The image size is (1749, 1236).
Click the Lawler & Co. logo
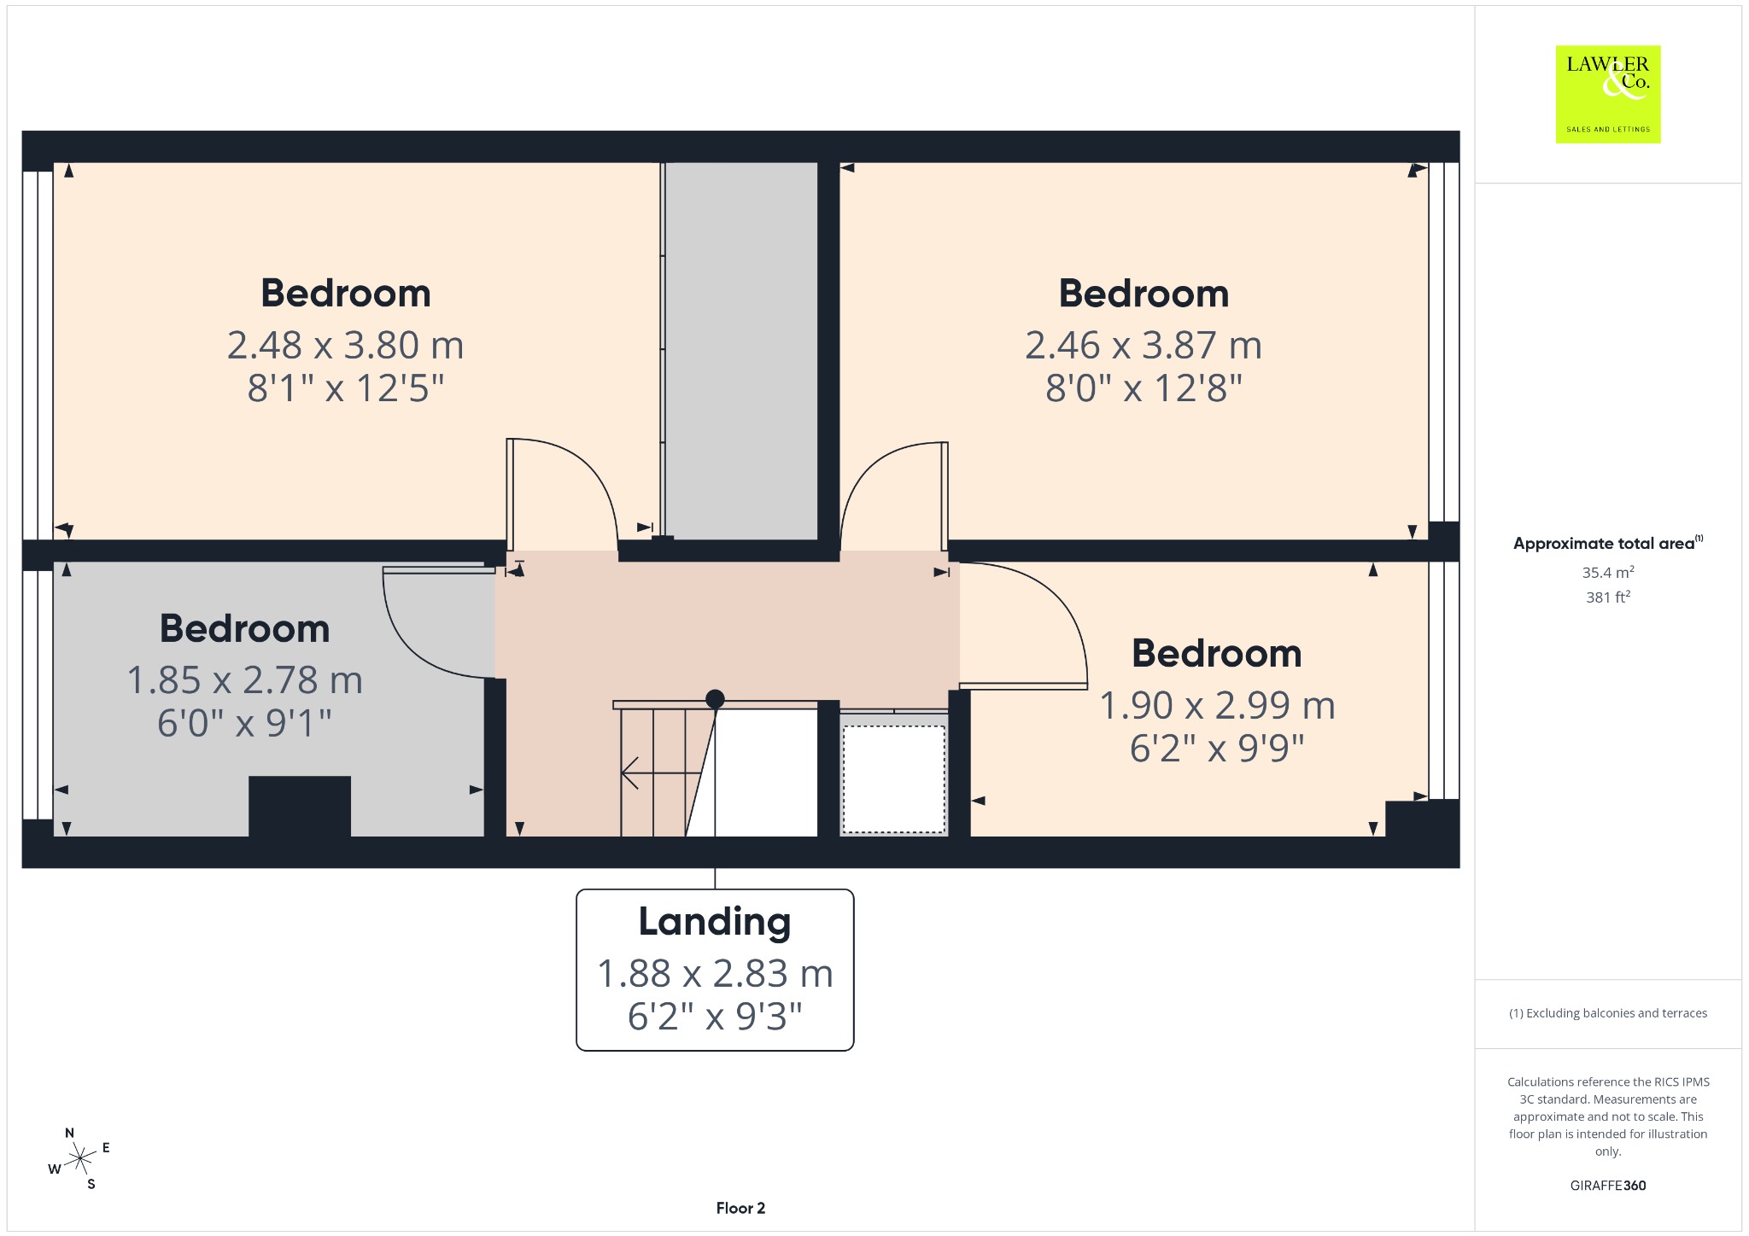click(1607, 94)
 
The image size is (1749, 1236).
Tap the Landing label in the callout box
click(715, 922)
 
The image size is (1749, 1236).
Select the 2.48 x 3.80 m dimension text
click(345, 345)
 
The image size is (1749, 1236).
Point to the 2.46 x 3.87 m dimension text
click(1144, 345)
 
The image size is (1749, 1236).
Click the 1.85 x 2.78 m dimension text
click(245, 680)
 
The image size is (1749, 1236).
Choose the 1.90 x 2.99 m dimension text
click(1217, 705)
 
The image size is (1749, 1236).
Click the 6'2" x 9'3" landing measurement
click(715, 1016)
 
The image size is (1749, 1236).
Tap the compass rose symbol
click(79, 1158)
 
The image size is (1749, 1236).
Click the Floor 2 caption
click(740, 1208)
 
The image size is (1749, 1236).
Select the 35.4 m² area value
click(1607, 572)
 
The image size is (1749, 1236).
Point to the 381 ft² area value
click(1607, 597)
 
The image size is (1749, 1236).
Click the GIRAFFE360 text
click(1607, 1185)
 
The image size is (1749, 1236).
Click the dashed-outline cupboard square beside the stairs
click(894, 778)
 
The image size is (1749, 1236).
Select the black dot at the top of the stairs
click(715, 699)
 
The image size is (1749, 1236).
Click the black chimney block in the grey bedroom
click(300, 806)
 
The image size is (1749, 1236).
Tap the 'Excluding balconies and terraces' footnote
click(1607, 1013)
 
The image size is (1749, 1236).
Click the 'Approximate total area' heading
click(1604, 544)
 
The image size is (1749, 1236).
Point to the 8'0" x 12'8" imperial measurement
click(1144, 388)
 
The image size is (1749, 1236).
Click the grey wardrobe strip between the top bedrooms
click(741, 350)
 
